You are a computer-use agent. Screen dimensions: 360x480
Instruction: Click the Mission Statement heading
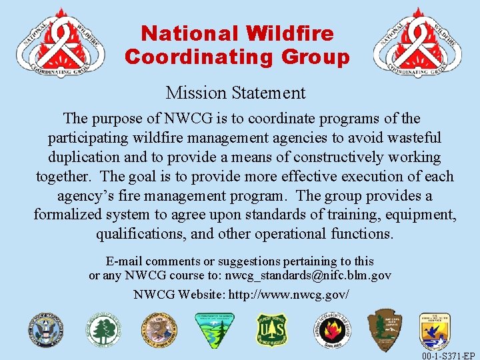coord(235,93)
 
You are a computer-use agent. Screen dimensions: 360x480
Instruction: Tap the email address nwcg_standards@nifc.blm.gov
coord(308,275)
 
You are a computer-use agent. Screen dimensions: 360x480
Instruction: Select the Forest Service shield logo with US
coord(272,330)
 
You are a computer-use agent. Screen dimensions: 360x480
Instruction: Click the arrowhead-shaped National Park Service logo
coord(385,329)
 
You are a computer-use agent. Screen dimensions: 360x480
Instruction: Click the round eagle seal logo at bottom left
coord(45,330)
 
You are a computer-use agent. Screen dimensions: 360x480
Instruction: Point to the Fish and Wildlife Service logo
coord(435,332)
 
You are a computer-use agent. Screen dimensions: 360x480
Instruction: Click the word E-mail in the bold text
coord(124,261)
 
